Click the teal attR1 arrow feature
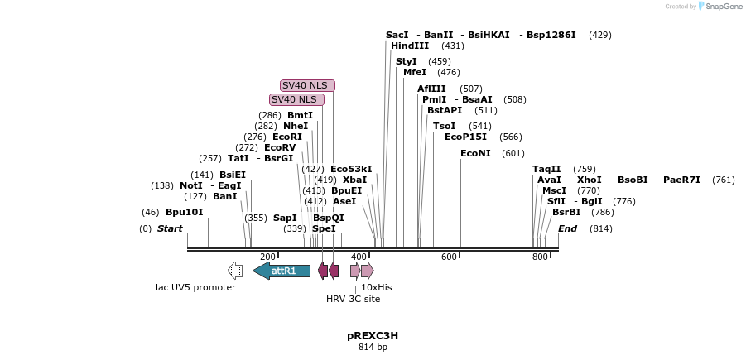coord(282,271)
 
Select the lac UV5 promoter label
coord(195,287)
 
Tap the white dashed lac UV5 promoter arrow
coord(235,271)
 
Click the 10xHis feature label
coord(376,287)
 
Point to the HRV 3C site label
coord(353,299)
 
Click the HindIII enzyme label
coord(410,46)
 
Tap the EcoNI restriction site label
coord(475,153)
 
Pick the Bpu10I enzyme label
coord(184,212)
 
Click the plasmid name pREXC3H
coord(373,336)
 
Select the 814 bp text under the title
coord(373,348)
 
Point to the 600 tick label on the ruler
coord(449,257)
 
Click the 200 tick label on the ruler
coord(267,257)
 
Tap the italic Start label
coord(170,228)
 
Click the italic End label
coord(567,228)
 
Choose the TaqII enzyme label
coord(546,169)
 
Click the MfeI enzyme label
coord(415,73)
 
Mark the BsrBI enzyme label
coord(566,212)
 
